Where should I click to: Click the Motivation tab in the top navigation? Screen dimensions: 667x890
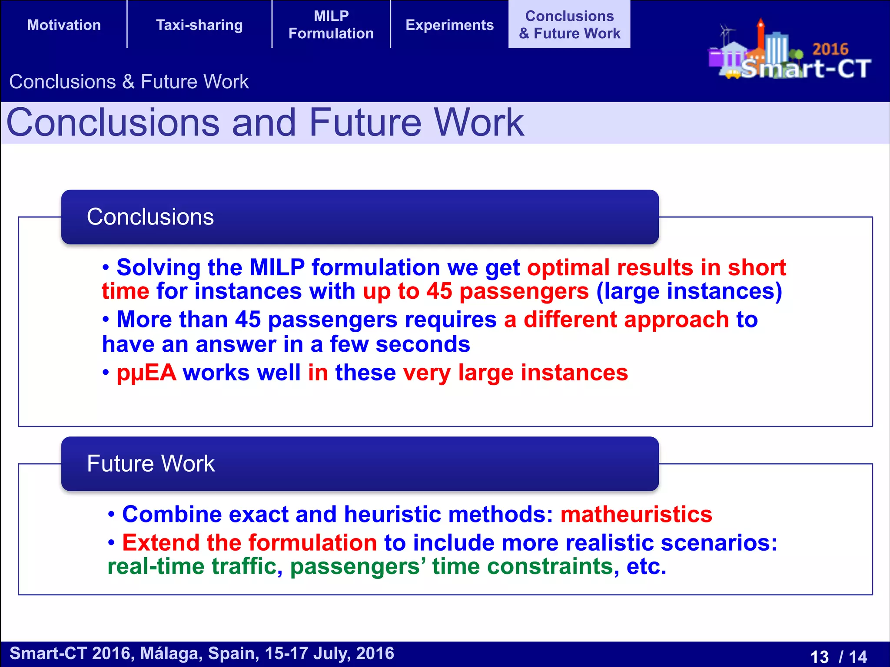coord(64,25)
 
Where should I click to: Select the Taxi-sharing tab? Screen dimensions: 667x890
coord(199,25)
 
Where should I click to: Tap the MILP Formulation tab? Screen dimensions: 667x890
coord(331,25)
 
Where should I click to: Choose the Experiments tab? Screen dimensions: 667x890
coord(449,25)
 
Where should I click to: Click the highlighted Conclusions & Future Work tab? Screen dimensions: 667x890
coord(569,25)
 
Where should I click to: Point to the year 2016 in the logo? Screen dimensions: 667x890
coord(830,49)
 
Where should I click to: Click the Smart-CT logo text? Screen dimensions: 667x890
coord(806,69)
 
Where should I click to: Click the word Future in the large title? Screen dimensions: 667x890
coord(365,123)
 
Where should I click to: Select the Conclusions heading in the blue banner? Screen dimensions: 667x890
coord(150,217)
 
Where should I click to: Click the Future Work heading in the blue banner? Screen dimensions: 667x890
coord(151,463)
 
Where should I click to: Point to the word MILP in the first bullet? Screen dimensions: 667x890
coord(277,267)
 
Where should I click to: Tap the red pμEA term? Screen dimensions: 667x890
coord(146,373)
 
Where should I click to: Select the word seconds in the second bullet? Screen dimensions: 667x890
coord(422,344)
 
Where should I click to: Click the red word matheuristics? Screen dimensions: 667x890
coord(636,514)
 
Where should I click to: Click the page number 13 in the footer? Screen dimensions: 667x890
coord(820,656)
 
